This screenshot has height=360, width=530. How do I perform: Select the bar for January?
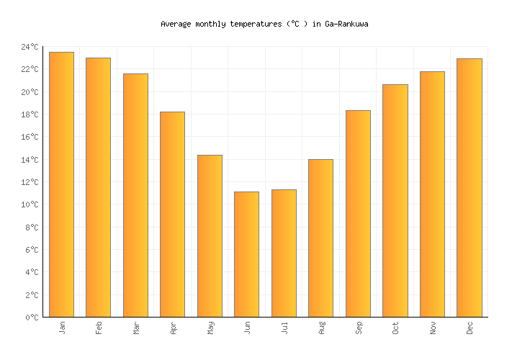pyautogui.click(x=61, y=184)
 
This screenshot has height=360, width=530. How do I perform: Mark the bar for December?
pyautogui.click(x=469, y=188)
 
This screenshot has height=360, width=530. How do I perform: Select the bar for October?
pyautogui.click(x=395, y=201)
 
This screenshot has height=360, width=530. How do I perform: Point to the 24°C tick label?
pyautogui.click(x=30, y=48)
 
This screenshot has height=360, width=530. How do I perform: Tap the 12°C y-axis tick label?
pyautogui.click(x=30, y=182)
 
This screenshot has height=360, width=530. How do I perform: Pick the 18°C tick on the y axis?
pyautogui.click(x=30, y=115)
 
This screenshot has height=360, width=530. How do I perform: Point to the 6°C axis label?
pyautogui.click(x=32, y=250)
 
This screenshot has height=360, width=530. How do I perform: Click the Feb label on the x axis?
pyautogui.click(x=99, y=328)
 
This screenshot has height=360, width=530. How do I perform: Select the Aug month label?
pyautogui.click(x=321, y=328)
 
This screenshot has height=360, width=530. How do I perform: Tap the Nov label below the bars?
pyautogui.click(x=432, y=328)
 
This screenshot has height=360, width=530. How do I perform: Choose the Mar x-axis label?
pyautogui.click(x=135, y=328)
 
